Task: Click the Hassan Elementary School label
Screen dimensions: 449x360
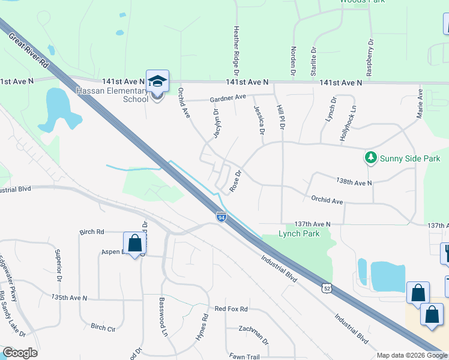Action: click(112, 95)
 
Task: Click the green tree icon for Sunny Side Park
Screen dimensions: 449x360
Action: click(371, 158)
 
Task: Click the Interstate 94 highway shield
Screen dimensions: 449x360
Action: click(221, 217)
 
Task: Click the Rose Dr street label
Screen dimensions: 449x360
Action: click(235, 182)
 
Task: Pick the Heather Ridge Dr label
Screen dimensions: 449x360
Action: click(236, 46)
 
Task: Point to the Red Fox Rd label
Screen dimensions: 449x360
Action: click(231, 309)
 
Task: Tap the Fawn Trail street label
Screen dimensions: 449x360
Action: click(244, 356)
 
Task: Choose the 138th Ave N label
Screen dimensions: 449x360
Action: click(354, 182)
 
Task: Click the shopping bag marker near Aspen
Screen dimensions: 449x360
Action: click(134, 244)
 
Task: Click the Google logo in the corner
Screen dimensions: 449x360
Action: click(20, 353)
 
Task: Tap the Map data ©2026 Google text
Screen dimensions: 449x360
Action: click(411, 355)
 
